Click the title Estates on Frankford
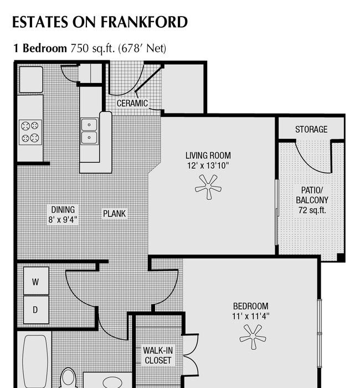coord(100,22)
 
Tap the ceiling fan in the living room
coord(208,187)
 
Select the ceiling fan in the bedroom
coord(253,337)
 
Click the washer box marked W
coord(36,281)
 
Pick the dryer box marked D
coord(36,309)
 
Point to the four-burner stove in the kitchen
coord(30,132)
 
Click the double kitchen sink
coord(89,131)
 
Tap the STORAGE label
coord(311,129)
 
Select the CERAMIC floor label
coord(132,103)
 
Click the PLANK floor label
coord(115,214)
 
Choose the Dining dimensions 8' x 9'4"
coord(63,219)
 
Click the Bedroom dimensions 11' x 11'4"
coord(251,316)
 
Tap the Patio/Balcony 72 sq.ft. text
coord(312,200)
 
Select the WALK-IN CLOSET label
coord(158,355)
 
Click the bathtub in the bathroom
coord(35,361)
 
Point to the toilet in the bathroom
coord(68,379)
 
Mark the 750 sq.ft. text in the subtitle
coord(92,48)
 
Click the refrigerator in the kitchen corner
coord(31,80)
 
